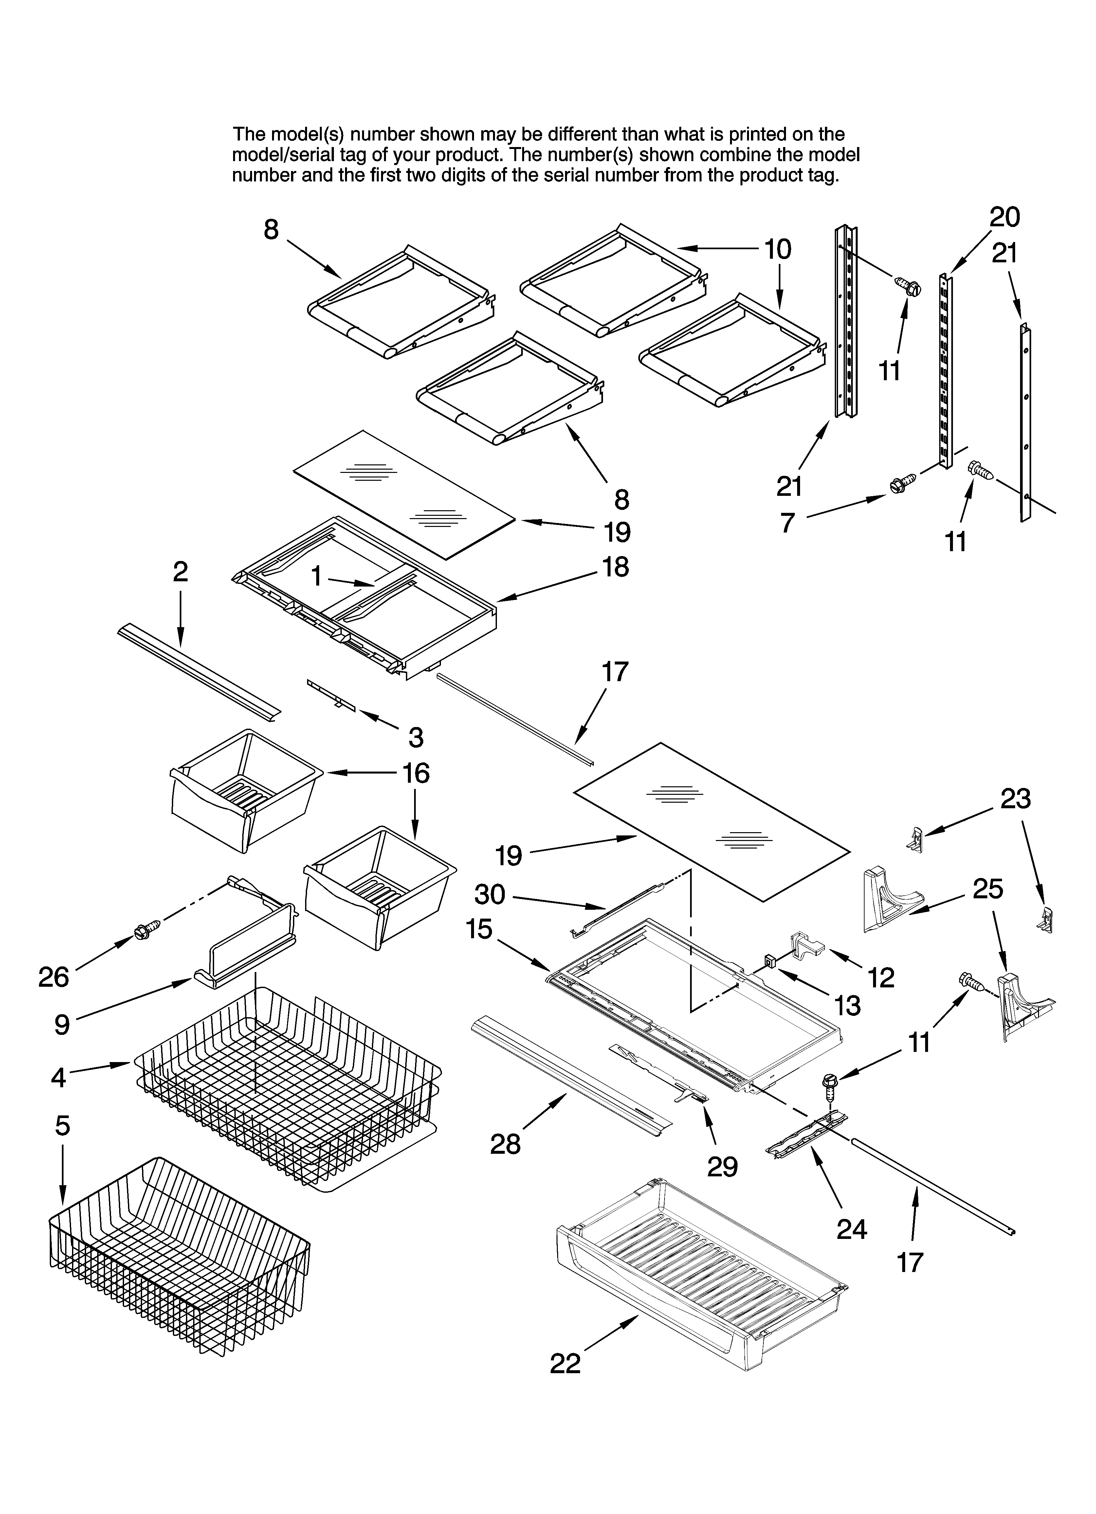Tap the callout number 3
416,737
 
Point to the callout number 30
490,894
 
